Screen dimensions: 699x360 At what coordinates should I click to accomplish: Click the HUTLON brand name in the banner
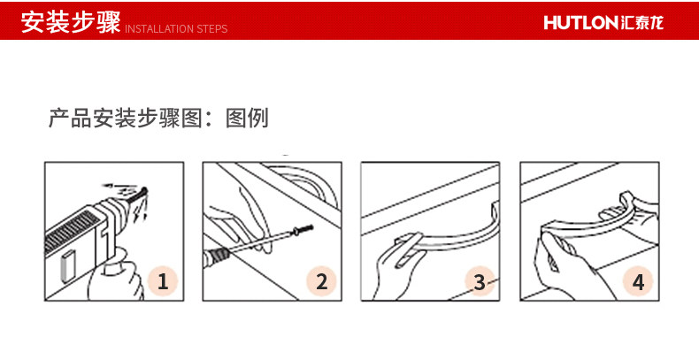(580, 23)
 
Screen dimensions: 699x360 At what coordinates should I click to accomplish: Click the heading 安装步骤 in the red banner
(71, 22)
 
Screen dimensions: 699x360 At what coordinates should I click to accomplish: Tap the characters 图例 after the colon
(247, 118)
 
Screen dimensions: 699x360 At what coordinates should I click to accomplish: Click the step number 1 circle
(163, 281)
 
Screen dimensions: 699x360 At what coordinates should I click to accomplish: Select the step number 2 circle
(321, 281)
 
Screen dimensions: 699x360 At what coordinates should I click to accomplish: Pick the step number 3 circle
(480, 281)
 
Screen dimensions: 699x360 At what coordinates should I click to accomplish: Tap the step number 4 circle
(638, 281)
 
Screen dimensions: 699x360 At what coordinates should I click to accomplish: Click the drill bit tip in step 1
(145, 191)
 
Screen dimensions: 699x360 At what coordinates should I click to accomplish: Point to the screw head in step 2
(296, 231)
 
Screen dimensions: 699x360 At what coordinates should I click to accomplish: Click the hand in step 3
(392, 272)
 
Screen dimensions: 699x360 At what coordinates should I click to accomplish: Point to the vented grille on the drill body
(72, 231)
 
